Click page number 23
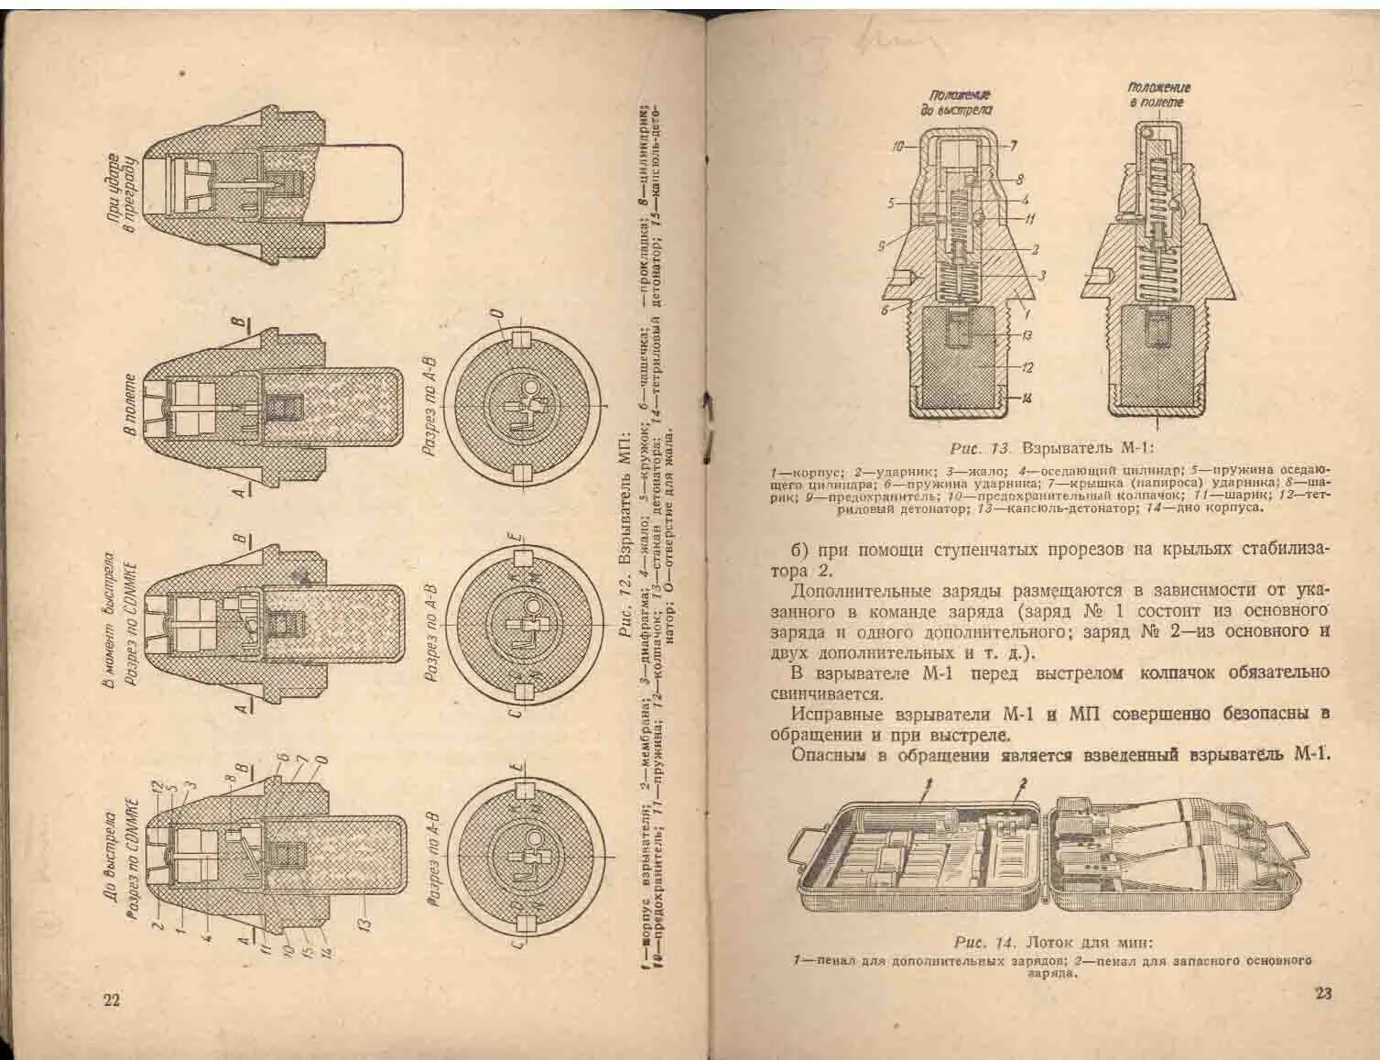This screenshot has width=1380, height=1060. point(1322,993)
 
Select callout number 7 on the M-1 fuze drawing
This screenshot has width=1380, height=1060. point(1013,146)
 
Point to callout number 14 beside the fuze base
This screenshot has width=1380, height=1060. point(1027,398)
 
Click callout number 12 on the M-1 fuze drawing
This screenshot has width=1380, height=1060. point(1027,367)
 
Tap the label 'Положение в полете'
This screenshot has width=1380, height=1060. point(1158,94)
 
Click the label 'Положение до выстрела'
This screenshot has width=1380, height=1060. point(961,102)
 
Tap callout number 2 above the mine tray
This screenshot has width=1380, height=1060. point(1024,784)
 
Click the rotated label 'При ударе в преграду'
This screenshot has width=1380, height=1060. point(122,191)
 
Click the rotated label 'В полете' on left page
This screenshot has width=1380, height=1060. point(130,403)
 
